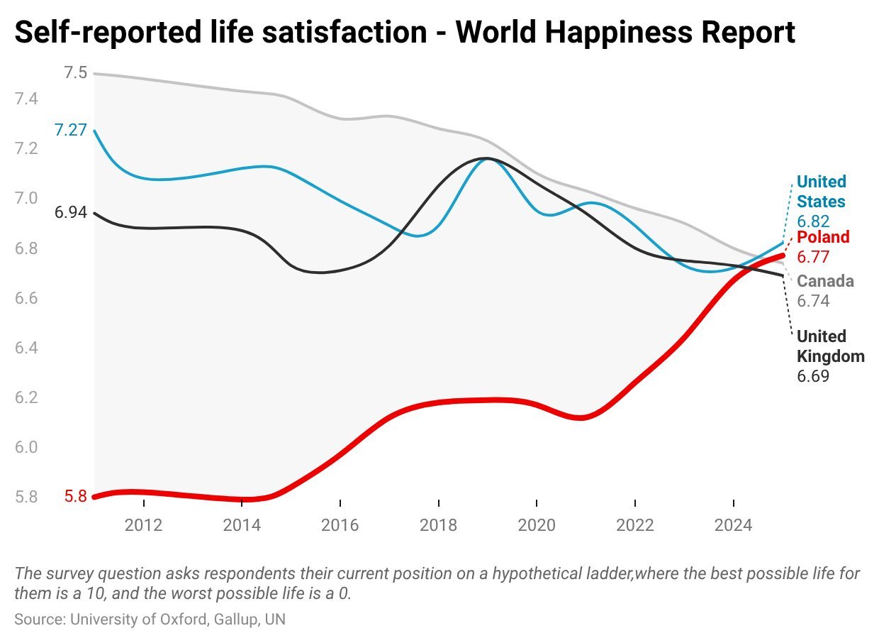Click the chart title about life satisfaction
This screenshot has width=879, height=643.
click(405, 32)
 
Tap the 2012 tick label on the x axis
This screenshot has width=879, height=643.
click(144, 526)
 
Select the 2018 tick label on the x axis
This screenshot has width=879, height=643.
click(439, 526)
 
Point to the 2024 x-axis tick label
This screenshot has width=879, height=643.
click(733, 526)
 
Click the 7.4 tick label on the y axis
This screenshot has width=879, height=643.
click(27, 99)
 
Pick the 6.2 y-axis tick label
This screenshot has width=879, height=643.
click(27, 397)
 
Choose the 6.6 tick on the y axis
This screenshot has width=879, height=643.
click(27, 298)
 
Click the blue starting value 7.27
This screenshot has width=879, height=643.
click(70, 131)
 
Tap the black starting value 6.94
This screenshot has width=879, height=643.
click(70, 212)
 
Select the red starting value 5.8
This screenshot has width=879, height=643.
click(75, 497)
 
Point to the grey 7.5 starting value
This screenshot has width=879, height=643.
click(75, 72)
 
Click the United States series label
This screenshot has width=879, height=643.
click(821, 192)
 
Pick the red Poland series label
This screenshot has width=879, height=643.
click(823, 237)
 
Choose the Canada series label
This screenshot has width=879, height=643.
click(825, 281)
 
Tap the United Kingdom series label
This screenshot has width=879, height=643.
click(831, 346)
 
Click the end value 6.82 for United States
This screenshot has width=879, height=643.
click(813, 221)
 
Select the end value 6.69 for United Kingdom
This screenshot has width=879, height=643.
click(813, 376)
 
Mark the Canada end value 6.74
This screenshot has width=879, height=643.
click(813, 301)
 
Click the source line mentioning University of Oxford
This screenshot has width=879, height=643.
click(150, 619)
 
